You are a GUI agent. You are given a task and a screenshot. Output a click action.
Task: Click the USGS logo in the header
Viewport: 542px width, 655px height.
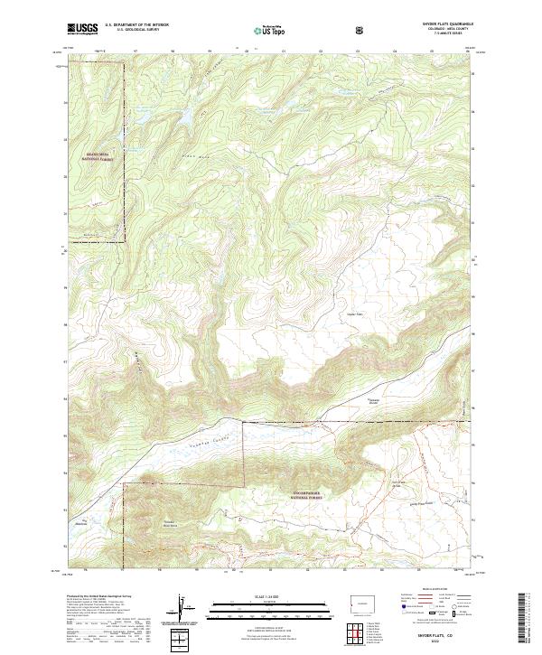click(x=79, y=29)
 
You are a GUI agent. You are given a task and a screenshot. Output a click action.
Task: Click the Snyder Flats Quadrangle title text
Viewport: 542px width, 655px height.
click(x=440, y=23)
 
